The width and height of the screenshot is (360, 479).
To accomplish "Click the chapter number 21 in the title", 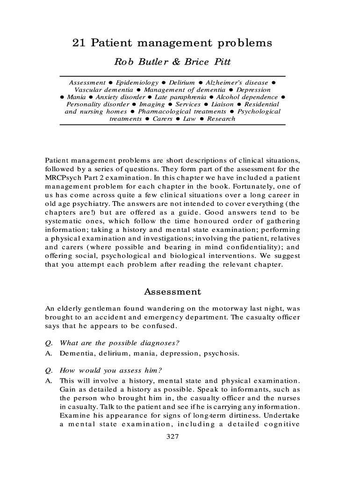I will tap(79, 43).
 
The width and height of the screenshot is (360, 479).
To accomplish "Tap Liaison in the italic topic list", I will tap(222, 104).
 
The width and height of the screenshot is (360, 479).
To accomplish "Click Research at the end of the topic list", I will tap(221, 119).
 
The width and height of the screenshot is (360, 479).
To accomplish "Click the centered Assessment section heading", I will tap(173, 292).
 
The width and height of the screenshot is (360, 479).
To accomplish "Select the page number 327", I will tap(173, 437).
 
